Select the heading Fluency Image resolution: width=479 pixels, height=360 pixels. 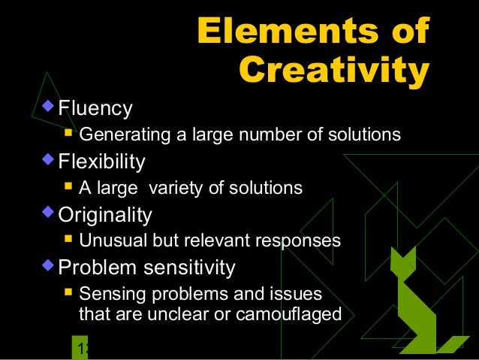(95, 109)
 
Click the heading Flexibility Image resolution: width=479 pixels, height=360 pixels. (102, 162)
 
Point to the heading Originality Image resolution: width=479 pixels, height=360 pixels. (105, 215)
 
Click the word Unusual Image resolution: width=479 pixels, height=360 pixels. (108, 241)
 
